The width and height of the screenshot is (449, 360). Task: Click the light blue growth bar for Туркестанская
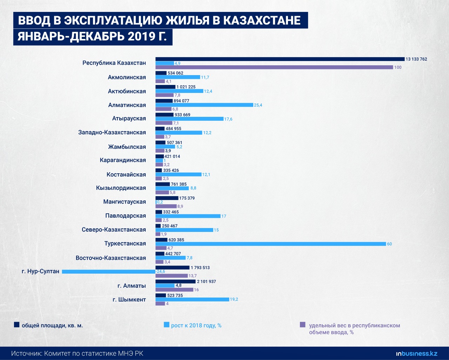click(270, 244)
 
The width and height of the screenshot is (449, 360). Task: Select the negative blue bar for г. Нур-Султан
click(109, 272)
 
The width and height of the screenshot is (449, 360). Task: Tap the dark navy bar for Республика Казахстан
click(280, 59)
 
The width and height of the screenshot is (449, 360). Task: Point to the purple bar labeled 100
click(274, 67)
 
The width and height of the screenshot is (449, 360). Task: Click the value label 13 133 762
click(416, 59)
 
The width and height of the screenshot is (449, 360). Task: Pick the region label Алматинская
click(127, 105)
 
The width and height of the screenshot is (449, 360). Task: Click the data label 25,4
click(258, 105)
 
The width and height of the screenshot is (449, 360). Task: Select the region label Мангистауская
click(125, 202)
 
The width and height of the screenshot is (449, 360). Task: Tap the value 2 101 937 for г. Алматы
click(207, 281)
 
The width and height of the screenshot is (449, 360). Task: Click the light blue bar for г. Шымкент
click(192, 299)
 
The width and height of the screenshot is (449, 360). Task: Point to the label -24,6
click(160, 272)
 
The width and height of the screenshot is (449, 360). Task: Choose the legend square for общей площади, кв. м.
click(16, 325)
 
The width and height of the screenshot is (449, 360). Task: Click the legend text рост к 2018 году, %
click(196, 325)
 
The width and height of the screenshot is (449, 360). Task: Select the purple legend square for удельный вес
click(303, 325)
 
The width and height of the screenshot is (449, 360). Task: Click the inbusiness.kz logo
click(417, 353)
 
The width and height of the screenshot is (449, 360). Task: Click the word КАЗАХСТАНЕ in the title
click(262, 20)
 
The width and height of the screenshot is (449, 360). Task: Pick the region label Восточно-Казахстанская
click(111, 258)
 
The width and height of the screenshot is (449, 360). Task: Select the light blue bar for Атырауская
click(189, 119)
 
